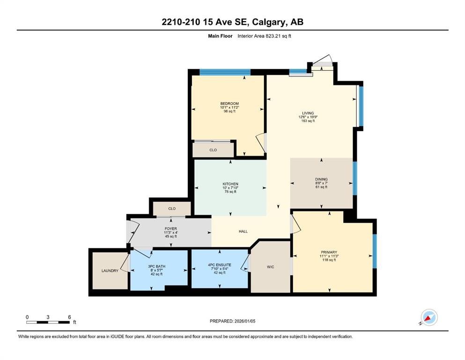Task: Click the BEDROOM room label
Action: pyautogui.click(x=229, y=104)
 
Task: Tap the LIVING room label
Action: pyautogui.click(x=308, y=113)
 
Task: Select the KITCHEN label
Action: pyautogui.click(x=230, y=184)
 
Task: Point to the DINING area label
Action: pyautogui.click(x=321, y=179)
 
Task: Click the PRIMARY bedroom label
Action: pyautogui.click(x=329, y=252)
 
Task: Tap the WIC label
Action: pyautogui.click(x=271, y=267)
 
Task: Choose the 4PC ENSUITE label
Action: pyautogui.click(x=220, y=265)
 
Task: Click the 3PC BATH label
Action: pyautogui.click(x=156, y=267)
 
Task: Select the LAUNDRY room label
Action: pyautogui.click(x=110, y=270)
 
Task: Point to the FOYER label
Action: pyautogui.click(x=171, y=229)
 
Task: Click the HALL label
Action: pyautogui.click(x=243, y=232)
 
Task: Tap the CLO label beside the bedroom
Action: pyautogui.click(x=213, y=150)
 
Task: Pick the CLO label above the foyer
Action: pyautogui.click(x=172, y=209)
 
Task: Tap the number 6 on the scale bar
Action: pyautogui.click(x=69, y=317)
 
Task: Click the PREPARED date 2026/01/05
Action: pyautogui.click(x=244, y=321)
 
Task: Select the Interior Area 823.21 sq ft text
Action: pyautogui.click(x=264, y=36)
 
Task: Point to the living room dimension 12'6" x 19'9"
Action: pyautogui.click(x=308, y=117)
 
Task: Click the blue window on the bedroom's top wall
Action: pyautogui.click(x=225, y=72)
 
